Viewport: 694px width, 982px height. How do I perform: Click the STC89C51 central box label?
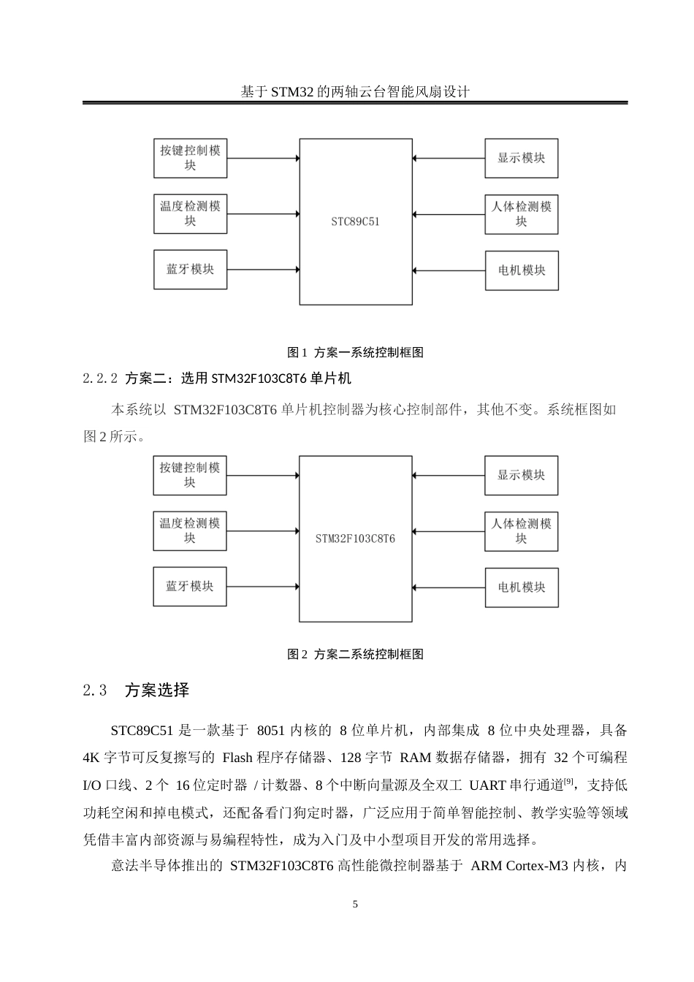point(355,221)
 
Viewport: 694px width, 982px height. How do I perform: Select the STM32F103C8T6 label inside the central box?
point(355,538)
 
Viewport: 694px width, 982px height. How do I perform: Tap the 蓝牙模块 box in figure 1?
point(190,269)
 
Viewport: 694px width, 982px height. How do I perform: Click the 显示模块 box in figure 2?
point(521,475)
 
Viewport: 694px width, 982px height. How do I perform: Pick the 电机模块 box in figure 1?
point(521,270)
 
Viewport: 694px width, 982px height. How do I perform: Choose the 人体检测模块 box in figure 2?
point(521,531)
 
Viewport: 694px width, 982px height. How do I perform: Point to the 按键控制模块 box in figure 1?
point(190,158)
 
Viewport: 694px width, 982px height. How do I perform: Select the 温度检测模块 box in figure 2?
point(190,531)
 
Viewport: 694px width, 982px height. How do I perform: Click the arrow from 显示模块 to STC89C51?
point(449,158)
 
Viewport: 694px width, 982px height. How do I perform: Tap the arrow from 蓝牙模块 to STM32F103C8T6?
point(263,586)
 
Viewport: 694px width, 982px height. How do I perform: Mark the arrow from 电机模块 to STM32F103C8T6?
point(449,587)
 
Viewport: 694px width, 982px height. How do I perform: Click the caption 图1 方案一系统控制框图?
point(355,352)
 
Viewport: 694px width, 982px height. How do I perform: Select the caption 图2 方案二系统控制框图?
point(355,654)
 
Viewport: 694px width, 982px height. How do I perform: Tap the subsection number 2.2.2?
point(101,378)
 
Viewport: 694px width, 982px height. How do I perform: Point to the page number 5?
point(355,905)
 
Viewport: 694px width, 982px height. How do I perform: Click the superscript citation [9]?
point(568,782)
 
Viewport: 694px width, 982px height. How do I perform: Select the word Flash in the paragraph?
point(236,757)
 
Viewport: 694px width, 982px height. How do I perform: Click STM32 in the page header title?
point(291,92)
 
